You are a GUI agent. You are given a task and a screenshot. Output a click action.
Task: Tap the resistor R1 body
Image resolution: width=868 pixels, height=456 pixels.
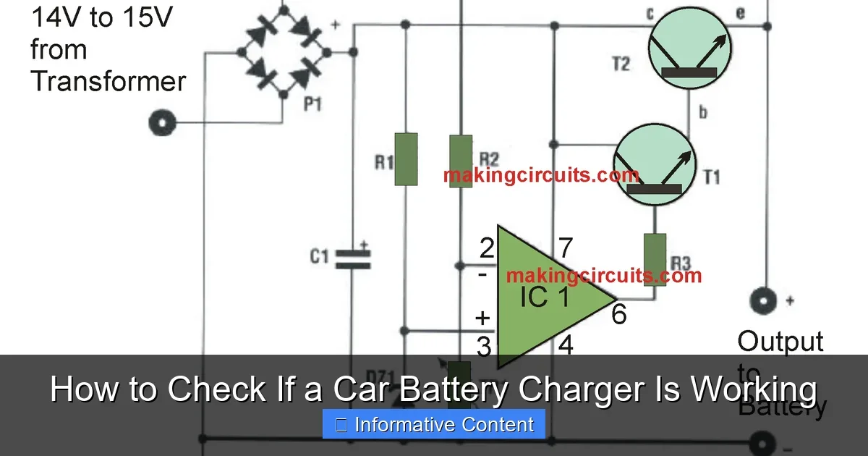coord(407,159)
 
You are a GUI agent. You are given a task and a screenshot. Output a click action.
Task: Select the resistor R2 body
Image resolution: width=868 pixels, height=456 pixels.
coord(461,161)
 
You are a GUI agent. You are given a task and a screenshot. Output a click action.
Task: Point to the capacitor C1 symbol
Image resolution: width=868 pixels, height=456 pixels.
coord(352,257)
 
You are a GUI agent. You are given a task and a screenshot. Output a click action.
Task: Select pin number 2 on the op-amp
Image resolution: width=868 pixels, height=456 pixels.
coord(487,250)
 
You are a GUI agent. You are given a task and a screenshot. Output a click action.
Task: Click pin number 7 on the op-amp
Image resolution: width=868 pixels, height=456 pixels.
coord(566,248)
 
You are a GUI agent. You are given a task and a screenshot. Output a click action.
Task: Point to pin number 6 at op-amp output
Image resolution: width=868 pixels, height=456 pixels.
coord(619,314)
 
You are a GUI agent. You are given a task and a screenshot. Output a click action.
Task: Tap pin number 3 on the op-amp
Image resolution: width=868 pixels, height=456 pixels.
coord(484,347)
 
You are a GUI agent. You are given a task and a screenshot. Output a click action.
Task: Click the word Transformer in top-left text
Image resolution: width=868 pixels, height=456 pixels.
coord(108,81)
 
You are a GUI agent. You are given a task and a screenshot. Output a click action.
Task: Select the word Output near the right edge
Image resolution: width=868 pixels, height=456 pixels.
coord(780,342)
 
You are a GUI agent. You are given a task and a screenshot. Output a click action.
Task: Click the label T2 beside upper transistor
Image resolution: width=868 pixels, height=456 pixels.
coord(621,64)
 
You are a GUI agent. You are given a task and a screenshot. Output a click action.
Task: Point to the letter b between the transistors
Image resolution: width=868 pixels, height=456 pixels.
coord(701,113)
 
